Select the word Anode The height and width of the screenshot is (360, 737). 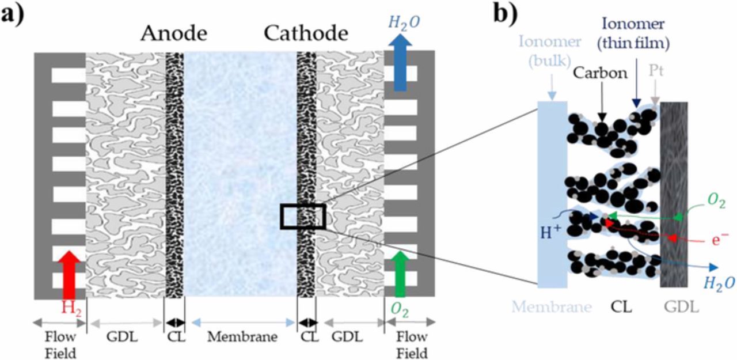[173, 34]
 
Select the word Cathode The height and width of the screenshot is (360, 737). [306, 34]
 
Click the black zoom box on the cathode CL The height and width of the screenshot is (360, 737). [303, 216]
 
